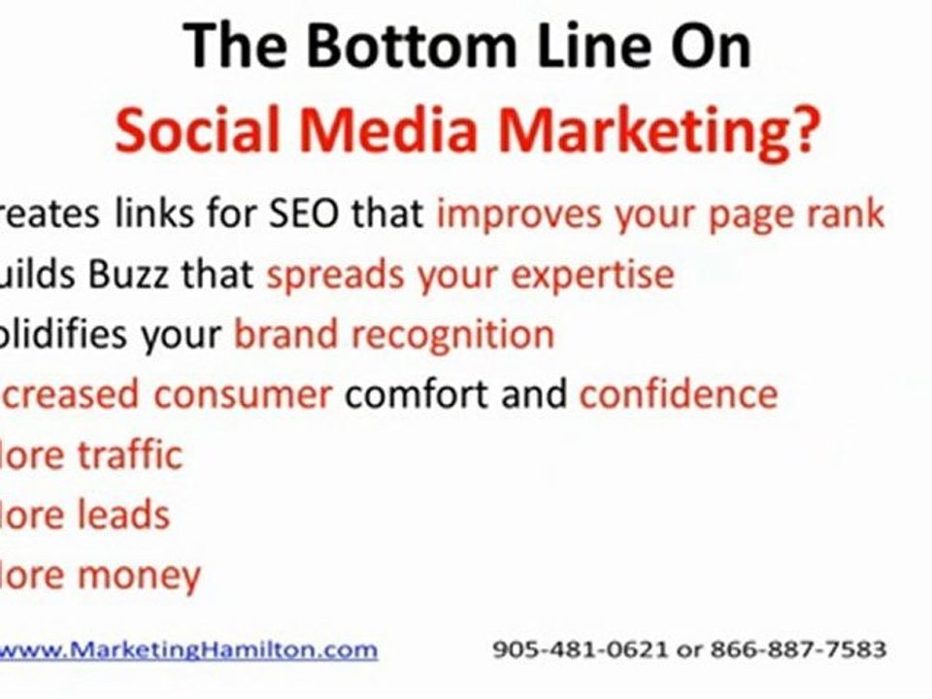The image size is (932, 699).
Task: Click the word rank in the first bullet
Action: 843,215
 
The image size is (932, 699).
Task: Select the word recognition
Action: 451,336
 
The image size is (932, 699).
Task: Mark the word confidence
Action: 678,394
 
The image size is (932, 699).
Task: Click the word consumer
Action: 244,394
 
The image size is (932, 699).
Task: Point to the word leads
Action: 124,515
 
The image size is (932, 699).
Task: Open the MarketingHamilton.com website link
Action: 188,649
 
